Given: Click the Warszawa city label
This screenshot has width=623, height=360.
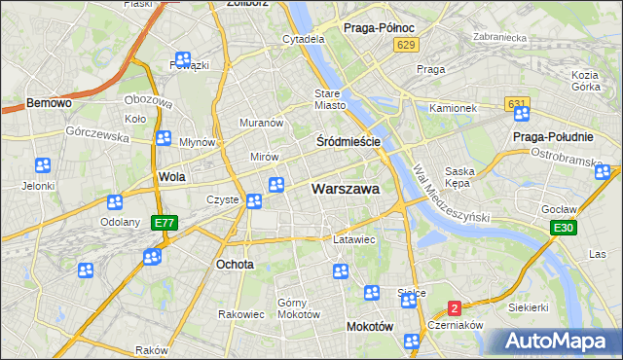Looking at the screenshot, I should [346, 189].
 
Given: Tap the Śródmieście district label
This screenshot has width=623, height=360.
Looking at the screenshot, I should [348, 141].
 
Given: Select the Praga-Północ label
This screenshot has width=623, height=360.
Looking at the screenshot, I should [379, 28].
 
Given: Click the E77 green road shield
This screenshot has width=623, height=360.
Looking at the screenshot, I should [165, 223].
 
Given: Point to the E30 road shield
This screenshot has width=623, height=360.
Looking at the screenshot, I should [562, 228].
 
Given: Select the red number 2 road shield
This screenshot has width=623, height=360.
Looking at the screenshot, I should [454, 308].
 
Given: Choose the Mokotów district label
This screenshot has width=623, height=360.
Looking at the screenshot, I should [369, 327].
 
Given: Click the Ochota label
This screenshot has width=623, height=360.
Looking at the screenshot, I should [235, 264].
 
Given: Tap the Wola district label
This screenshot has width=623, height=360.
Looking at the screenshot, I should [171, 177].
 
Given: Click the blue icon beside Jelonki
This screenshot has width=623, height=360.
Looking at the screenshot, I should [42, 167].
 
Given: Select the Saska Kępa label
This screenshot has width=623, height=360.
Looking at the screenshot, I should [458, 176].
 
